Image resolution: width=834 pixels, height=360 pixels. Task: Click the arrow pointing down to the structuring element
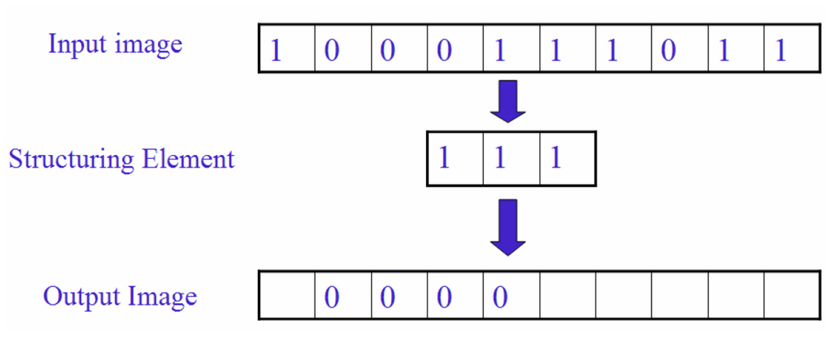pos(508,101)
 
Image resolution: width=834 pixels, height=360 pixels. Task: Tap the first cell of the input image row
pos(287,48)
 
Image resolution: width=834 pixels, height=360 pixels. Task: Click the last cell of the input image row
pos(792,48)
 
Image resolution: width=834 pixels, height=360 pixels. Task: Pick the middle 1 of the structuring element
pos(499,159)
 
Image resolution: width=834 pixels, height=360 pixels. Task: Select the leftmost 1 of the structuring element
pos(443,159)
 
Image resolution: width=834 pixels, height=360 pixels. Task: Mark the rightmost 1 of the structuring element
pos(556,159)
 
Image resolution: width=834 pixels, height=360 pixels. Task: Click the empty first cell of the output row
pos(287,295)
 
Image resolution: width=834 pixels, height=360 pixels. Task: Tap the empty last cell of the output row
pos(792,295)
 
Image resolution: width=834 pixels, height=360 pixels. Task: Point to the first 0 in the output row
pos(332,298)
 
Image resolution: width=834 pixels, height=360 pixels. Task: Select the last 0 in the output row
pos(500,298)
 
